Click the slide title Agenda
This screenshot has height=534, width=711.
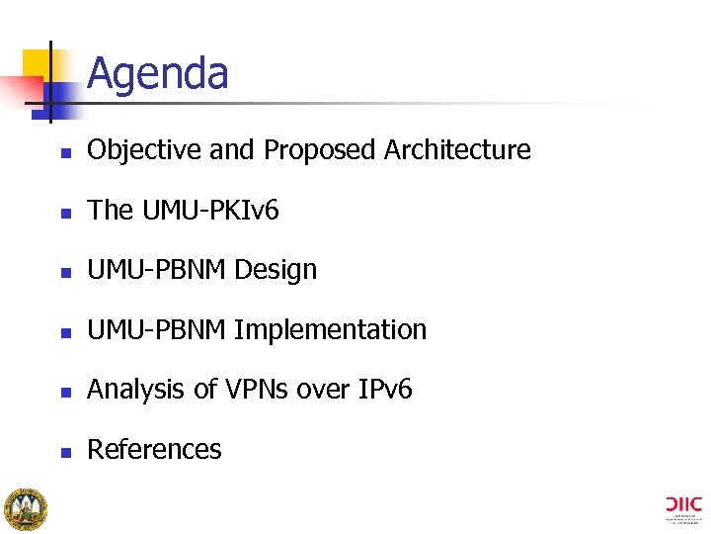[157, 74]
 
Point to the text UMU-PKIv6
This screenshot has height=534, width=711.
[210, 210]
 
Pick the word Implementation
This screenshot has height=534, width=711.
[331, 329]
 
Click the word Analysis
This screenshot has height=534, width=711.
[137, 390]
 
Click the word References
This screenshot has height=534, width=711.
[154, 449]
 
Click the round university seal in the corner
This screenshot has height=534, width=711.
[25, 508]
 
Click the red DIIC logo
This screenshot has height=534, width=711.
[684, 504]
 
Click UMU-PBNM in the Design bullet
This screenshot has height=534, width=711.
[157, 270]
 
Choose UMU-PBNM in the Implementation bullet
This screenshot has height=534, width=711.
[157, 329]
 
